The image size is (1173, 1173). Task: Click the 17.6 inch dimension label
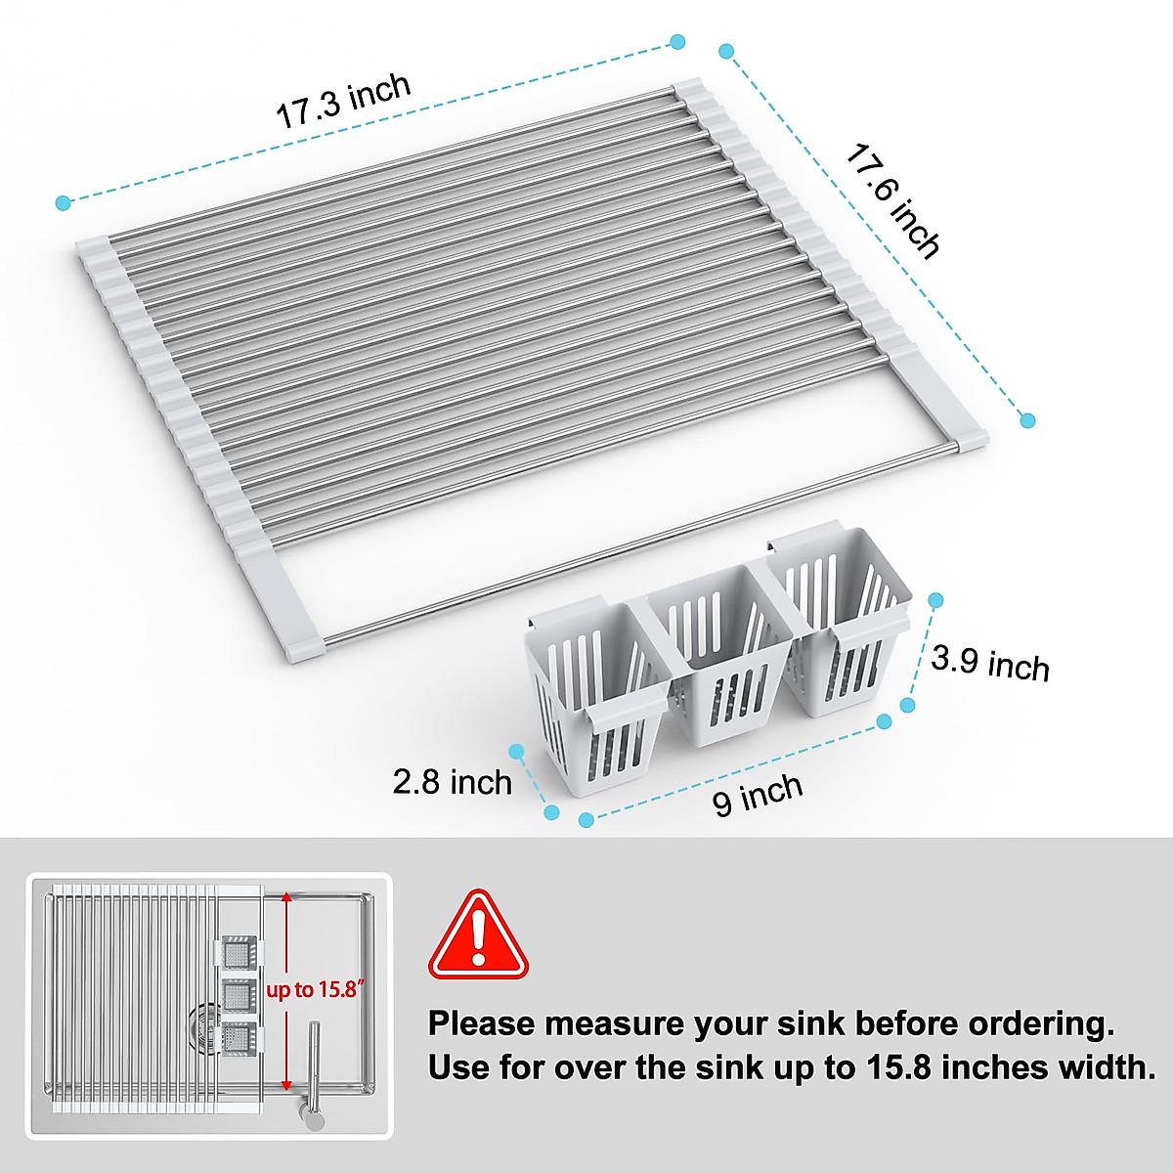coord(891,201)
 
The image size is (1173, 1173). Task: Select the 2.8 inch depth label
coord(452,782)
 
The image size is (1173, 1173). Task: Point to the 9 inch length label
coord(758,795)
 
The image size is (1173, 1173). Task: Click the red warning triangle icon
coord(477,935)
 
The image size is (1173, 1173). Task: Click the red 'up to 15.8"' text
coord(316,990)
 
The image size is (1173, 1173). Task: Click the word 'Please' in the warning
coord(481,1024)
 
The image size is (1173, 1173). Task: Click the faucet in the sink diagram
coord(314,1075)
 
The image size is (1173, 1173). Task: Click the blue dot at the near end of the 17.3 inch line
coord(64,203)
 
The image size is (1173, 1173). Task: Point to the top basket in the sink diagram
coord(238,951)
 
